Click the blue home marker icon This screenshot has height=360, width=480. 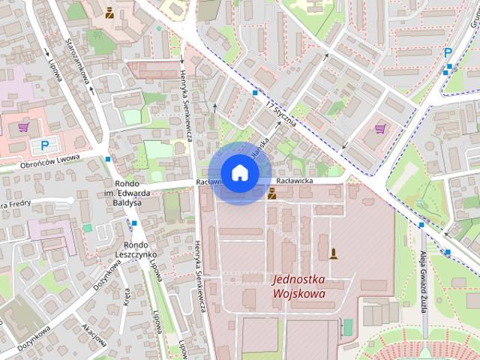pos(238,172)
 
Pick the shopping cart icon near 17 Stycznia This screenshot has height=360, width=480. pos(379,128)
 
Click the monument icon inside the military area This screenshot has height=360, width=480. pos(333,253)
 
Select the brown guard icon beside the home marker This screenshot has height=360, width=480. pos(271,193)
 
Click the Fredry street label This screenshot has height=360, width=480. pos(15,203)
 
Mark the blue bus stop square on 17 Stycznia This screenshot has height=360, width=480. pos(255,93)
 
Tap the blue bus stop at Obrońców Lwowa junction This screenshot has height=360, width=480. pos(109,159)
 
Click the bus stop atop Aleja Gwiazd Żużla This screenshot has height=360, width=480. pos(421,224)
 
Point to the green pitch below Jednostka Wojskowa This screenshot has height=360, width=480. pos(347,327)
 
